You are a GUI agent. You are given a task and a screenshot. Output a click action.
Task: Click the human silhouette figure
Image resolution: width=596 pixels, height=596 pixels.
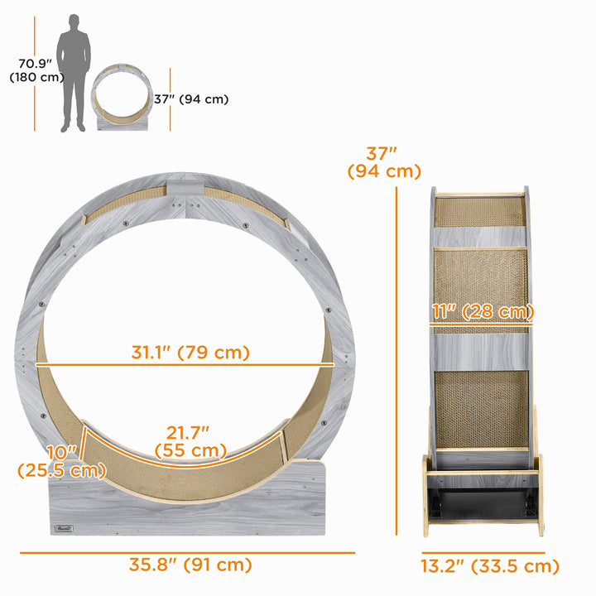pyautogui.click(x=74, y=72)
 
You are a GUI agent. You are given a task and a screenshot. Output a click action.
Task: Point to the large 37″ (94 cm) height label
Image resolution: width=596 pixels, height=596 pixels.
pyautogui.click(x=383, y=162)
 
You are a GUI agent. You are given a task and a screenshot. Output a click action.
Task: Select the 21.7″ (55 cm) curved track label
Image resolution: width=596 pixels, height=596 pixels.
pyautogui.click(x=190, y=440)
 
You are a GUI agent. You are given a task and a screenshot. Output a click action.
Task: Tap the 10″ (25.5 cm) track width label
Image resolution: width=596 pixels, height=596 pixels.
pyautogui.click(x=61, y=462)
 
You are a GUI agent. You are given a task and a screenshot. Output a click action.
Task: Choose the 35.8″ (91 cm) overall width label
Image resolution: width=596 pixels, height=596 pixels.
pyautogui.click(x=190, y=566)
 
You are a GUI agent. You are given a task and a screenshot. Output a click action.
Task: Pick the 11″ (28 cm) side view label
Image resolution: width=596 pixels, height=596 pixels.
pyautogui.click(x=482, y=312)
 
